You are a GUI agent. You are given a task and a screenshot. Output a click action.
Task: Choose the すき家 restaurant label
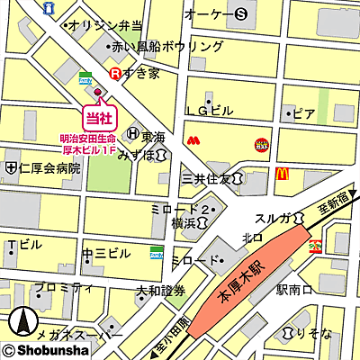click(x=141, y=73)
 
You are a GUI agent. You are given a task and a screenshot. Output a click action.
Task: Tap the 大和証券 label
click(x=160, y=292)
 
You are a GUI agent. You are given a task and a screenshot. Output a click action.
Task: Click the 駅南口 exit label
click(x=293, y=290)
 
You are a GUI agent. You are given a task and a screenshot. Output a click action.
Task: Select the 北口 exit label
click(x=252, y=238)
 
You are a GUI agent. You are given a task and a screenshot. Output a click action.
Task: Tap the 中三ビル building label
click(x=101, y=254)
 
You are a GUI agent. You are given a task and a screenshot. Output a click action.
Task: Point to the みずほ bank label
click(x=136, y=155)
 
